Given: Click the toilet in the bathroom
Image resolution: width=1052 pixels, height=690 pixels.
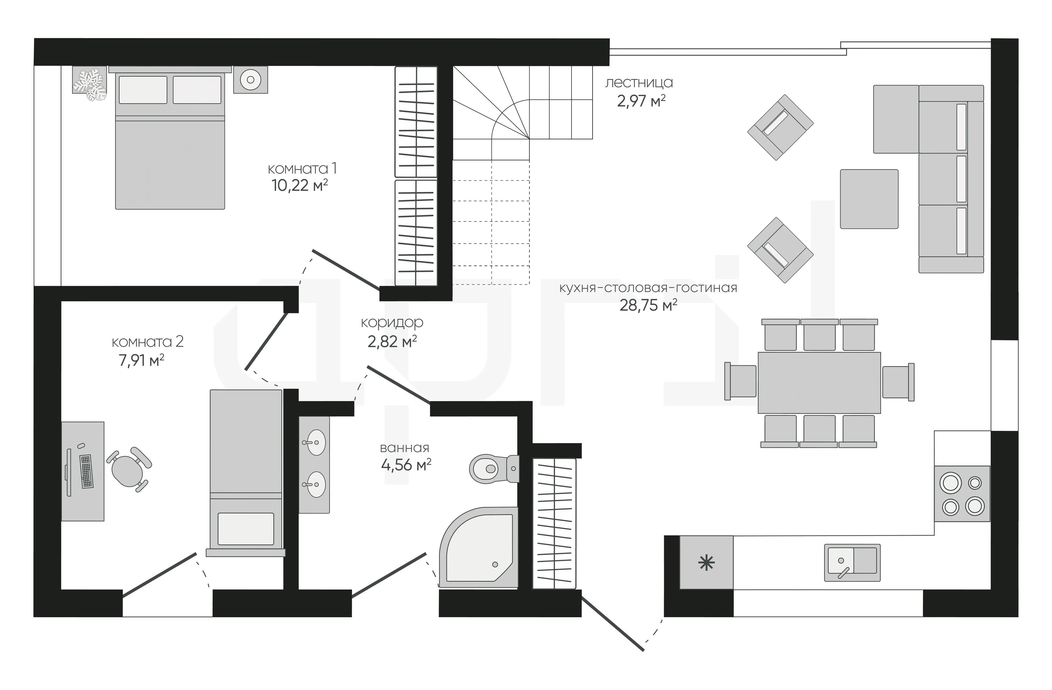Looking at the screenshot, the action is pos(493,468).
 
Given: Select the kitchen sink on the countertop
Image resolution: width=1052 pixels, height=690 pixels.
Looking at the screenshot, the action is pos(852,562).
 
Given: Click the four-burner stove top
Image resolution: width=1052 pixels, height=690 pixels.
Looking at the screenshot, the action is pos(962,494).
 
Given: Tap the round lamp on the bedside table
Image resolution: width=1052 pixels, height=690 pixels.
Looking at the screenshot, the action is pos(251,80).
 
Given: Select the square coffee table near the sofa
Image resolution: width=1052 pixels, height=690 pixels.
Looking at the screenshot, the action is pos(869,199).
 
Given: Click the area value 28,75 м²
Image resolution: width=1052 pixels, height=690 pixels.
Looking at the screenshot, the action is pos(648,305).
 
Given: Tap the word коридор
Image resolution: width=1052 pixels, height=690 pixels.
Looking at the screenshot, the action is pos(392,323).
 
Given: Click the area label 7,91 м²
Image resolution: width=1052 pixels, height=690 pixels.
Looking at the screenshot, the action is pos(141,360).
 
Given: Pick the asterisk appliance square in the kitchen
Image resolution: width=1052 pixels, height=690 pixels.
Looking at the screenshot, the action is pos(706,562).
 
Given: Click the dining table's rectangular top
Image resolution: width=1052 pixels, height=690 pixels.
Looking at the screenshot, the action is pos(819,383).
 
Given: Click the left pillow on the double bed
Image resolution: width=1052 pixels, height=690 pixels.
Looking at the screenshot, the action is pos(143,90).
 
